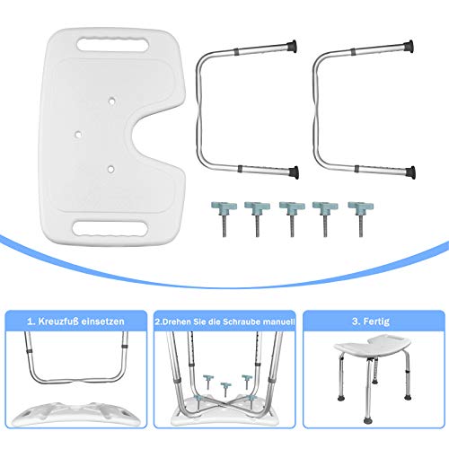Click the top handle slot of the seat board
pos(112,45)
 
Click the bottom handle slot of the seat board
pos(110,229)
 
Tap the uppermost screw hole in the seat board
pos(111,101)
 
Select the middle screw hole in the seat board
pos(78,135)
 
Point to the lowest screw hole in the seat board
pos(110,169)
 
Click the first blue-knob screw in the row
pos(224,218)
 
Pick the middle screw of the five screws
pos(292,218)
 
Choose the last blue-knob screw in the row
pos(361,218)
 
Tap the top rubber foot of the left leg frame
pos(292,47)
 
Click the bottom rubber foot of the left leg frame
pos(294,172)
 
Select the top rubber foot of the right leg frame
pos(409,47)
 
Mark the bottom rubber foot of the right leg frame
pos(410,172)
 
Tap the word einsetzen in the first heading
pos(103,321)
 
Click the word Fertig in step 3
pos(376,321)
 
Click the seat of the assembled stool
pos(372,348)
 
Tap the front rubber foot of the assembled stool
pos(368,421)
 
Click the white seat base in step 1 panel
pos(76,414)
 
